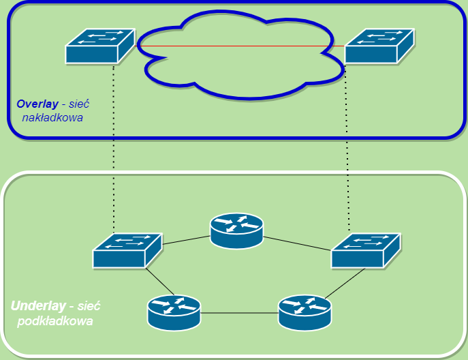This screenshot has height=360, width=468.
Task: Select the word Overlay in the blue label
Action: click(x=37, y=104)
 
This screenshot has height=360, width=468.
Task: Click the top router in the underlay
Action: click(x=236, y=231)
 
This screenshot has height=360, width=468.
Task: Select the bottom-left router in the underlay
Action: click(x=174, y=312)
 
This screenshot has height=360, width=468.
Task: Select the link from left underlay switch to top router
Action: click(x=185, y=240)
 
